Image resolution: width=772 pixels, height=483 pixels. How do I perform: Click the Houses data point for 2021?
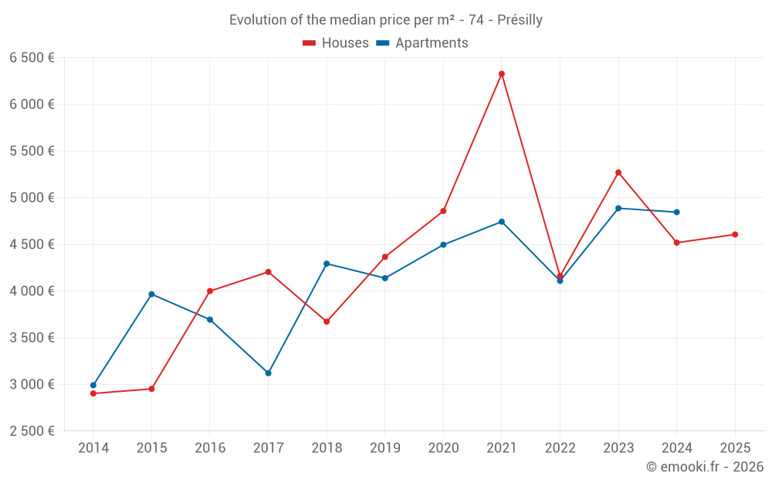(x=502, y=74)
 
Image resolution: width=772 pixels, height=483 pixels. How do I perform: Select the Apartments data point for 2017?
(x=268, y=373)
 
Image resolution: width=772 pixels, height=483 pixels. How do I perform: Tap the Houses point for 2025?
(x=735, y=234)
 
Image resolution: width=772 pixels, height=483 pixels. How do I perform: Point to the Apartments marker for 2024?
(x=676, y=212)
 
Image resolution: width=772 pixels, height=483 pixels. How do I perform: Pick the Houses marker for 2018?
(x=327, y=321)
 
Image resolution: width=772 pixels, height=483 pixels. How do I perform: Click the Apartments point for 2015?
(x=151, y=294)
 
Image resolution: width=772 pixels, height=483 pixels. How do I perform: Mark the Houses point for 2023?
(x=618, y=172)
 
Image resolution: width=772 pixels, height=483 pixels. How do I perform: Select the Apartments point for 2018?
(x=327, y=264)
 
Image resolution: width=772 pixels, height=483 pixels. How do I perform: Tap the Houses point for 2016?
(x=210, y=291)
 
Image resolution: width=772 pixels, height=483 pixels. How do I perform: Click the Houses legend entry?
(x=336, y=43)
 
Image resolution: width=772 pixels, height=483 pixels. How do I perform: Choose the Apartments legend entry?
(x=422, y=43)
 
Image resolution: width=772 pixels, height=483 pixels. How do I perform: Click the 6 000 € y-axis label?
(x=32, y=104)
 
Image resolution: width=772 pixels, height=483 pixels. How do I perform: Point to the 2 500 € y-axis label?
(x=32, y=431)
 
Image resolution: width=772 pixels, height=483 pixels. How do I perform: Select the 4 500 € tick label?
(x=32, y=244)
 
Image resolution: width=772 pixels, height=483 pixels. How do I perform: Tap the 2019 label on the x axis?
(x=384, y=447)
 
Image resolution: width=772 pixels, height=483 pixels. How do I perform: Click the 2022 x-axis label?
(x=560, y=447)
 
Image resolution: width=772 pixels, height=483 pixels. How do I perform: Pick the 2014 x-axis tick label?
(x=93, y=447)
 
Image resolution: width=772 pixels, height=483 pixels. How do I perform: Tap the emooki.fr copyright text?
(x=705, y=467)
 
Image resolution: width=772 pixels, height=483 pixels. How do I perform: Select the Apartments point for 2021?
(x=502, y=222)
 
